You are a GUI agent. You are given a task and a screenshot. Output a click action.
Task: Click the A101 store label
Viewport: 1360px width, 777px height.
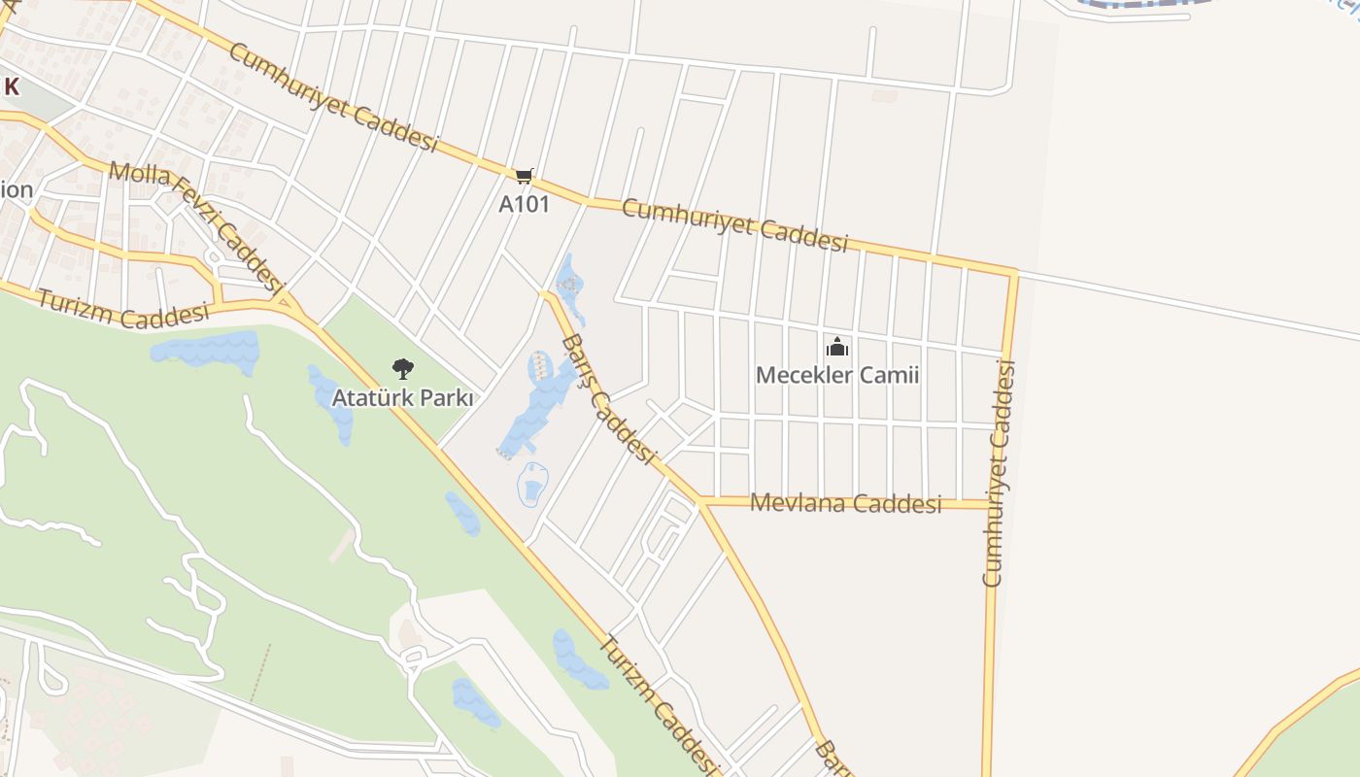coord(524,204)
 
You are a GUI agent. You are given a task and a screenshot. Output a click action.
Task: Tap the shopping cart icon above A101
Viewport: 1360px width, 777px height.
coord(524,176)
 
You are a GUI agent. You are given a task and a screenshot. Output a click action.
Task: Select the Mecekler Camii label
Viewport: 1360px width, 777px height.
coord(836,375)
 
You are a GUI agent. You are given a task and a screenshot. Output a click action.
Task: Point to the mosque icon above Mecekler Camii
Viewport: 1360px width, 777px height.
coord(836,347)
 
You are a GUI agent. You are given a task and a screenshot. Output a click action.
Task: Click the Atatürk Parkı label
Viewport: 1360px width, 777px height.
coord(402,398)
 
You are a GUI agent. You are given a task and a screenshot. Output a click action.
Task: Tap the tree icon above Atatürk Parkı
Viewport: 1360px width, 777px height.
coord(402,368)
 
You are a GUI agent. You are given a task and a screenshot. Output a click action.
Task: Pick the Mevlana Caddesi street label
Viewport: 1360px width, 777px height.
coord(846,503)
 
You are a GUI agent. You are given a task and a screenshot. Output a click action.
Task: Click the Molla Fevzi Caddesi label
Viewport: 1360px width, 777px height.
coord(195,228)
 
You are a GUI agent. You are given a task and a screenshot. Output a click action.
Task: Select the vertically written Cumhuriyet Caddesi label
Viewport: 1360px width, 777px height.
coord(999,473)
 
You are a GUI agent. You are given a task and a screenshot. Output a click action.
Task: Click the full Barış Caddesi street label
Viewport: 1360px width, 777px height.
coord(609,398)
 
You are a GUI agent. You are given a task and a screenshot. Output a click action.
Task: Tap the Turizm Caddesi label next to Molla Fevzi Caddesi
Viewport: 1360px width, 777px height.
coord(123,308)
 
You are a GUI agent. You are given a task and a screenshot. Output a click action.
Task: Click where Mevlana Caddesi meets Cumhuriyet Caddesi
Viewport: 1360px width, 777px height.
coord(992,504)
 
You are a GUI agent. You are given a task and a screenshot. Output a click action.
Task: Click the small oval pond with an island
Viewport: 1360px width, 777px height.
coord(532,483)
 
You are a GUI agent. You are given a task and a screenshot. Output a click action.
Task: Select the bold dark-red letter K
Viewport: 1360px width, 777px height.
coord(12,86)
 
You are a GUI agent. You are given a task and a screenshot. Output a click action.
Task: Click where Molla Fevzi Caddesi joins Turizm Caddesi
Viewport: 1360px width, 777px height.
coord(288,302)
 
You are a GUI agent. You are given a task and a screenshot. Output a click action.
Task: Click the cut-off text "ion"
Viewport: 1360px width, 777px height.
coord(17,189)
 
